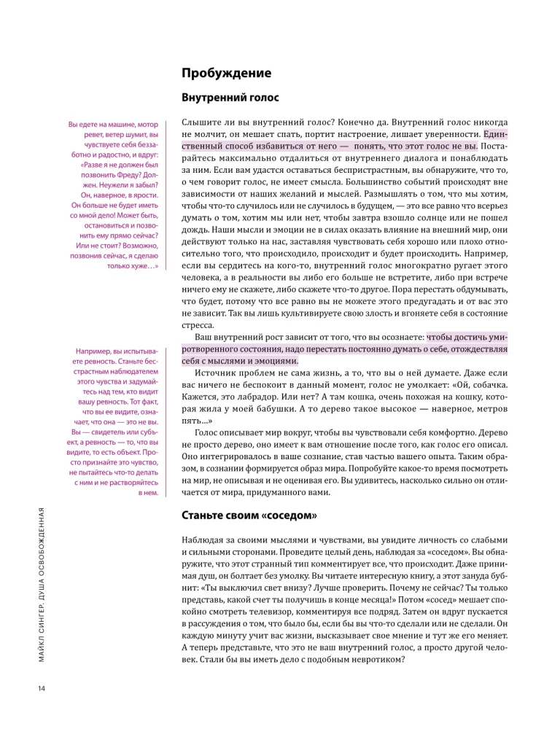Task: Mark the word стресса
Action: click(x=197, y=326)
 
